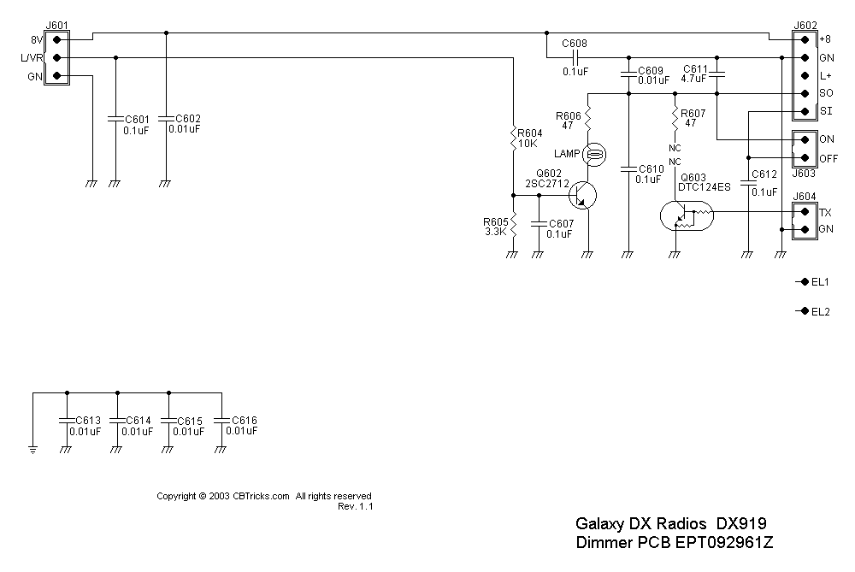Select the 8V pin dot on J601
[x=56, y=39]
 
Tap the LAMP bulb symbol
[x=596, y=154]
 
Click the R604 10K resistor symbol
[x=512, y=137]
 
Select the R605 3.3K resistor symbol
[x=512, y=226]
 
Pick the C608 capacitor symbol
[x=575, y=57]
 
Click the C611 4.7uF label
[x=695, y=73]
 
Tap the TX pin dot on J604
[x=804, y=212]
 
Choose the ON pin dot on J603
[x=804, y=139]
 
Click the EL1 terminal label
[x=820, y=282]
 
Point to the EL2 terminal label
[x=820, y=311]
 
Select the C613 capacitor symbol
[x=66, y=420]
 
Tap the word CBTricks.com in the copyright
[x=261, y=496]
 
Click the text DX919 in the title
[x=740, y=523]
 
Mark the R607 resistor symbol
[x=675, y=115]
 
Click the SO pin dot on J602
[x=804, y=93]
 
